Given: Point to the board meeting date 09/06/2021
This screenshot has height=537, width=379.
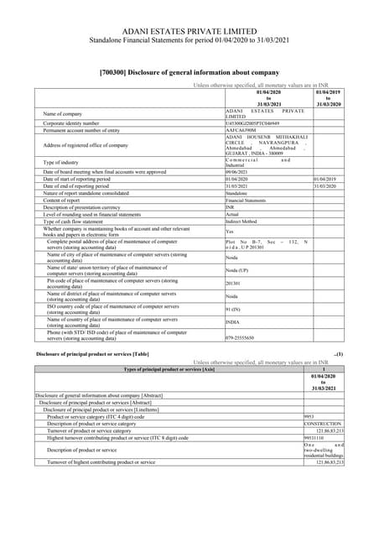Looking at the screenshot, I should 241,171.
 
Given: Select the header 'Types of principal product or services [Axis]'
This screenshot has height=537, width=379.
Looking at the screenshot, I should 167,369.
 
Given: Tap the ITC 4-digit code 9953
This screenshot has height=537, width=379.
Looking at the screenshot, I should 309,416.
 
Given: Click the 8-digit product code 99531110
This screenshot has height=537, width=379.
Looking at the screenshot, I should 315,437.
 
